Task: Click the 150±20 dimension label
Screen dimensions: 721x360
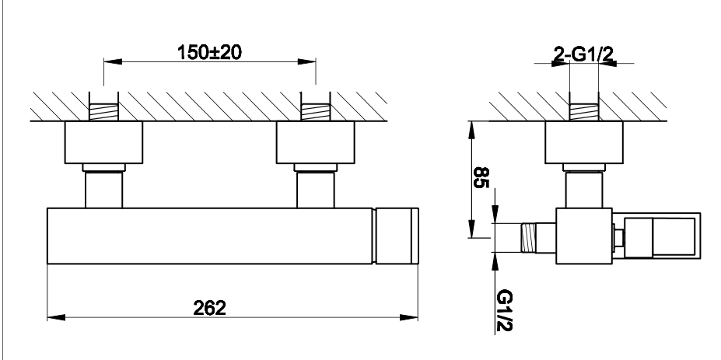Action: tap(209, 52)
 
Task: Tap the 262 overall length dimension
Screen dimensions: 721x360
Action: tap(210, 308)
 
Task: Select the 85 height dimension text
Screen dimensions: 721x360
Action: tap(481, 177)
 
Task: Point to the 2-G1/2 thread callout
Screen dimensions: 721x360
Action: tap(583, 54)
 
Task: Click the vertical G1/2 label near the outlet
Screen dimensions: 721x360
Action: tap(505, 310)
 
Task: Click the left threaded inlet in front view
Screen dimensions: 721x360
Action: tap(103, 112)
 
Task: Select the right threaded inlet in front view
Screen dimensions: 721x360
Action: tap(316, 112)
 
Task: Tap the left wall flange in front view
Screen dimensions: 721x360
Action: tap(104, 142)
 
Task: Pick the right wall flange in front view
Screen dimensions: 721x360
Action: tap(316, 142)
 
